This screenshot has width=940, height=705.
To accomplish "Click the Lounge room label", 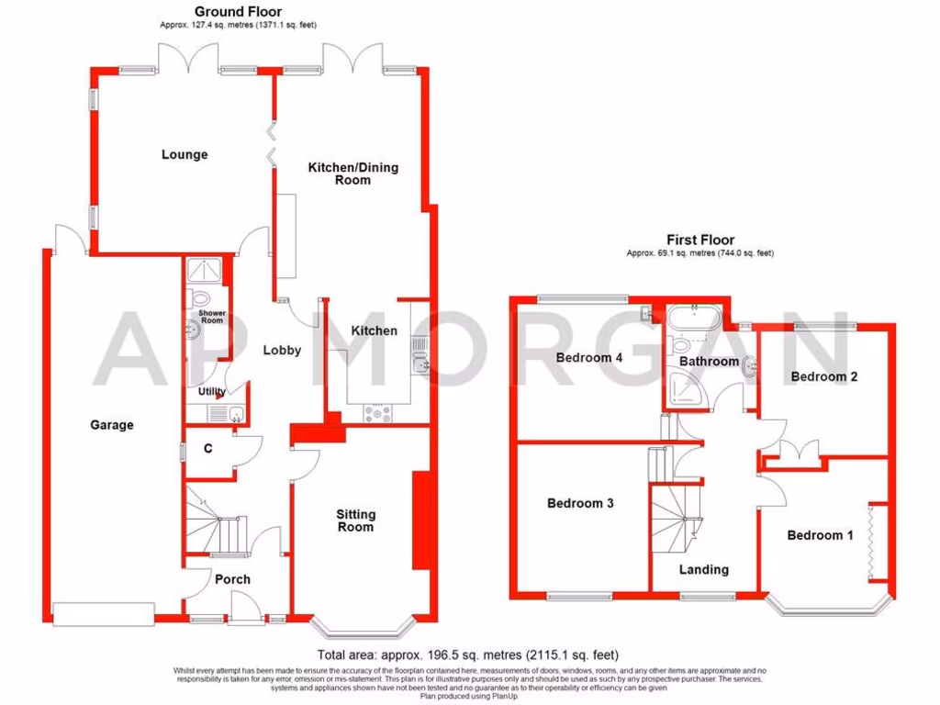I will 185,155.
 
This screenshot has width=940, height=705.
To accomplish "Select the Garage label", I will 112,425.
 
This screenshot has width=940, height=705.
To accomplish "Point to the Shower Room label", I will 212,317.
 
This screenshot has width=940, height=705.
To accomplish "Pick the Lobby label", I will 282,351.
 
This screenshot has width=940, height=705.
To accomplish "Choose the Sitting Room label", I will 355,520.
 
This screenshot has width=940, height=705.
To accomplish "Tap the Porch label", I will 232,579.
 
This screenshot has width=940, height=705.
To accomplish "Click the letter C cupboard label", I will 208,449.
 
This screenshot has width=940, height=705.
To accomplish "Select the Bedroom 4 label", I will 590,358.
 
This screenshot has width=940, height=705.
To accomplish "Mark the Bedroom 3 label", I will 580,503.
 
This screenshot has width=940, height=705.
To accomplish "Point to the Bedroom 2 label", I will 824,376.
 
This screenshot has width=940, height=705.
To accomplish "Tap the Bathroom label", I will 709,362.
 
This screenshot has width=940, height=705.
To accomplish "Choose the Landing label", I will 704,569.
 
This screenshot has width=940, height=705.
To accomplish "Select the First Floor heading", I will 699,241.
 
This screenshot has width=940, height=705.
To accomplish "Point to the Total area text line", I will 468,655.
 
